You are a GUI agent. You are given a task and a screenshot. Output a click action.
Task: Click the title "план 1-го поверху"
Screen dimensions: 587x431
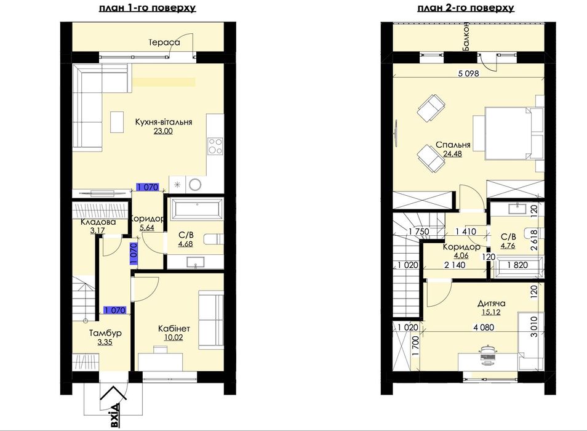tap(147, 8)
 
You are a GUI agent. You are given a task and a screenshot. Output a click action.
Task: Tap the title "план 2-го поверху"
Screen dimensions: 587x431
tap(466, 8)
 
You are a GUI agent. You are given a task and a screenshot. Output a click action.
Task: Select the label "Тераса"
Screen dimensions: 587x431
tap(164, 42)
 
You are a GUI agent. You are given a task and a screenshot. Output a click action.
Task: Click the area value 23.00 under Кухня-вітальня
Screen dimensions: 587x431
tap(163, 131)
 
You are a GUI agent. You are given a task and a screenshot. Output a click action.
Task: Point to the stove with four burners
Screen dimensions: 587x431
tap(215, 146)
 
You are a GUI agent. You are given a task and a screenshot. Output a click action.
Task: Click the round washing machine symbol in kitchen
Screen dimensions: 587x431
tap(195, 184)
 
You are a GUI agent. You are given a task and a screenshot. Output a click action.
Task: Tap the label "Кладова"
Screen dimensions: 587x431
tap(98, 222)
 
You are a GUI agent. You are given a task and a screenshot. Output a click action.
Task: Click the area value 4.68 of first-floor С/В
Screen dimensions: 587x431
tap(186, 244)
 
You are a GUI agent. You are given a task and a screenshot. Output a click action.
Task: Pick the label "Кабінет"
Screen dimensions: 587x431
tap(174, 328)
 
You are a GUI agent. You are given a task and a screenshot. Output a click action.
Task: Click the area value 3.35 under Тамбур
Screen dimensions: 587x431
tap(105, 342)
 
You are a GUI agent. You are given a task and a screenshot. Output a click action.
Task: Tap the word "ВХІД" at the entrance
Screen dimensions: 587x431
tap(116, 415)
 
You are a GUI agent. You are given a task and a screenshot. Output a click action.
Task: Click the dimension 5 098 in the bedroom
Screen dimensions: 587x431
tap(469, 73)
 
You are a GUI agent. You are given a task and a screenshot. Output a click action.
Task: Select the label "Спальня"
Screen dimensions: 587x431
tap(453, 145)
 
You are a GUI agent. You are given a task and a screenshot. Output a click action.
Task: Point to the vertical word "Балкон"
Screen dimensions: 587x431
tap(466, 37)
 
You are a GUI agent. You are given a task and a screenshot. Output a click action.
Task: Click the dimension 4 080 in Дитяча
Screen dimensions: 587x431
tap(484, 328)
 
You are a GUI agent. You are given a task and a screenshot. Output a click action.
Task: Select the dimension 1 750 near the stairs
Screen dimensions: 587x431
tap(419, 232)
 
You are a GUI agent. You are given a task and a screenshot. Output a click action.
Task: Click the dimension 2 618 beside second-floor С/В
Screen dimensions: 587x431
tap(534, 240)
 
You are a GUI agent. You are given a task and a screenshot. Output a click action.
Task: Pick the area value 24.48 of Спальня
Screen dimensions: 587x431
tap(453, 153)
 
